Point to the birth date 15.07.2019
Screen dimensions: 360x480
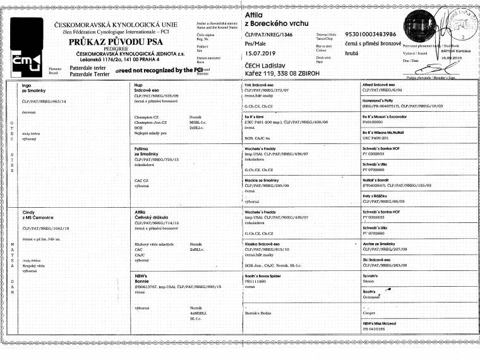click(x=260, y=54)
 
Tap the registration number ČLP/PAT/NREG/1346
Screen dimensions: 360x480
click(x=269, y=33)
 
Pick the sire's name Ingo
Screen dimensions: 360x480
click(x=27, y=85)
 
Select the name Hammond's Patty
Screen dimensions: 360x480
click(x=378, y=102)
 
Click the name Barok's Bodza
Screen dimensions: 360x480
click(x=259, y=313)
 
